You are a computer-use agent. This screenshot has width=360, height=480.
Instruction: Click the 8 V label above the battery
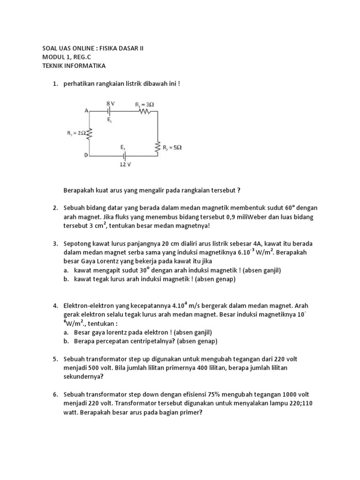[x=111, y=103]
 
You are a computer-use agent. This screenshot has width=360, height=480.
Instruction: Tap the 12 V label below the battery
[x=125, y=165]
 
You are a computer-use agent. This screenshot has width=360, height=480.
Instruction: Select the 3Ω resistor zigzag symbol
[x=143, y=112]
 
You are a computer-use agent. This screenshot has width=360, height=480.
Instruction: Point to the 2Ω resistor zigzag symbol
[x=89, y=134]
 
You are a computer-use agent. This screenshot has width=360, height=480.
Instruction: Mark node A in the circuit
[x=86, y=111]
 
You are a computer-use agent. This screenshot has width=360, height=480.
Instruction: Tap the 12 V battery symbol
[x=124, y=156]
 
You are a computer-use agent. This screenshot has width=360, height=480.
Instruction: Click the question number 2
[x=55, y=208]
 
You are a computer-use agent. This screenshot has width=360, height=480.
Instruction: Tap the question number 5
[x=55, y=359]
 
